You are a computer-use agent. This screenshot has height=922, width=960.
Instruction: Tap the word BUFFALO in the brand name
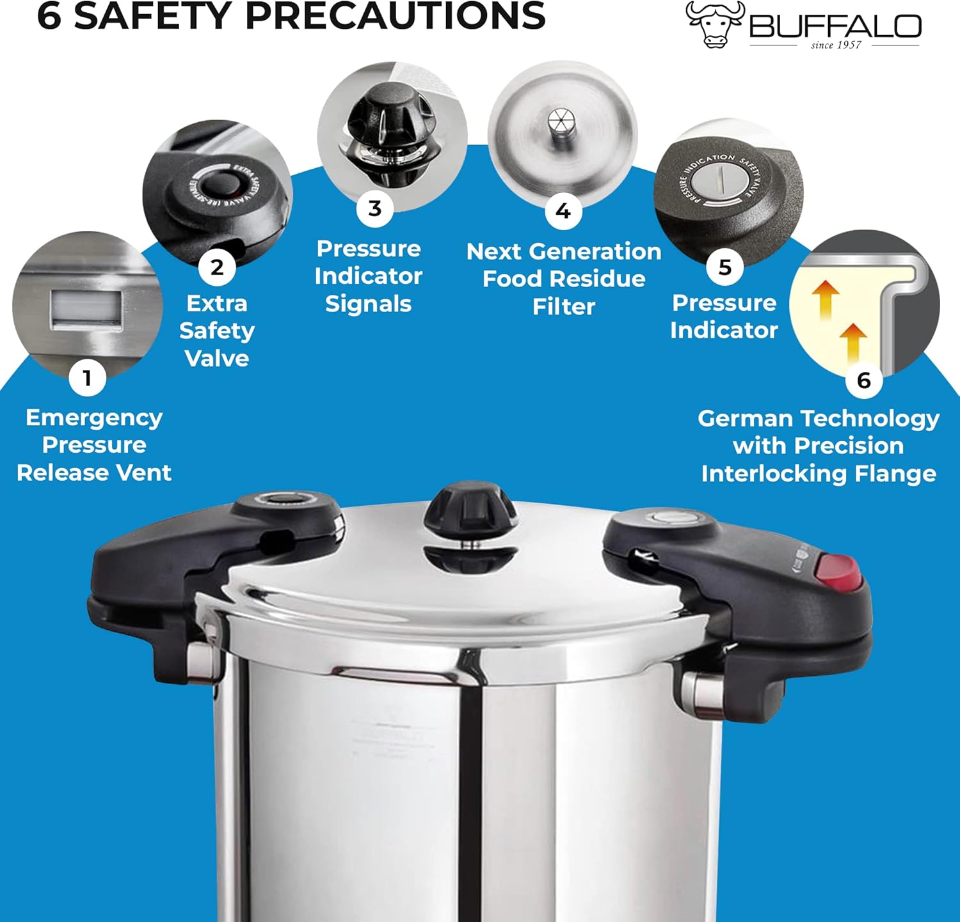coord(835,27)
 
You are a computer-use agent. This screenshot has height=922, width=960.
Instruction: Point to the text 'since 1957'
coord(836,45)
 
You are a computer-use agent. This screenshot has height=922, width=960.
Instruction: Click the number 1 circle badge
coord(88,378)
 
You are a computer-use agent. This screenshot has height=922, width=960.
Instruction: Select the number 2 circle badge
coord(217,267)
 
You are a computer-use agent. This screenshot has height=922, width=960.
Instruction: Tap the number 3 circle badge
coord(375,208)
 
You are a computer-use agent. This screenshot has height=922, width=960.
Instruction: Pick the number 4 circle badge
coord(563,210)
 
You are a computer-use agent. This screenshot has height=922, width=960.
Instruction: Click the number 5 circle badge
coord(724,267)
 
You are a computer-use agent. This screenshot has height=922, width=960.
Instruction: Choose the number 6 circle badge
coord(863,380)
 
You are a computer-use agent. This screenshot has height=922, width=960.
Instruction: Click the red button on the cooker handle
coord(838,572)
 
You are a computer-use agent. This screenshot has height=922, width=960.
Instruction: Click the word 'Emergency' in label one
coord(94,418)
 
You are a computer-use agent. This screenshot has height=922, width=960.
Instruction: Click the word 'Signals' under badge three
coord(368,304)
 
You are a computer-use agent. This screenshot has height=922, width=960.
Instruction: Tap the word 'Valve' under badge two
coord(217,358)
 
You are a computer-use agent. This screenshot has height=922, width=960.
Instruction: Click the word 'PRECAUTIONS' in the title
coord(395,15)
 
